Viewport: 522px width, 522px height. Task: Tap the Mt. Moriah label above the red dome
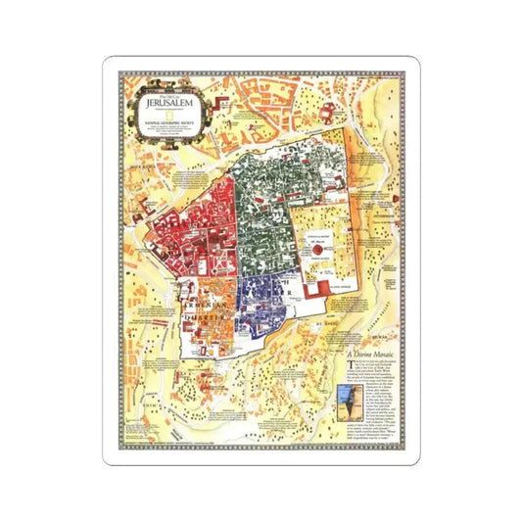[x=317, y=237]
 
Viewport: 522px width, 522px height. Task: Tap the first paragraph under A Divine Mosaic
[x=377, y=382]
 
